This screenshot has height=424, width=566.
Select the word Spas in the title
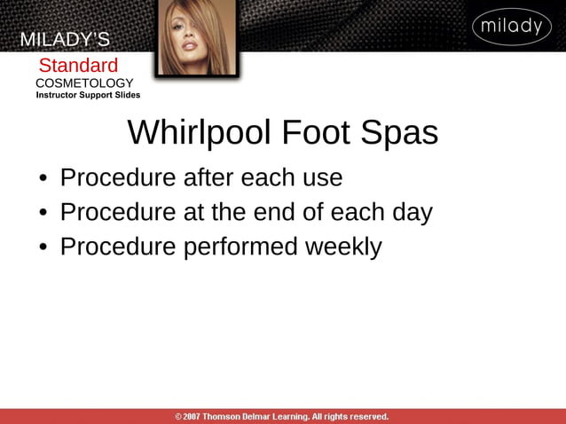(399, 133)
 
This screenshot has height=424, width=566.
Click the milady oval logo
(511, 27)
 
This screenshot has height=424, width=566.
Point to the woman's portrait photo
(197, 37)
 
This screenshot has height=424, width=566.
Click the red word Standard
(78, 66)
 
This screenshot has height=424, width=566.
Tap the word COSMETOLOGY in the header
(84, 82)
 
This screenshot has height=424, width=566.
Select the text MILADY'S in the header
(65, 40)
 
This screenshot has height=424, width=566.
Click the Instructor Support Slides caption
(88, 95)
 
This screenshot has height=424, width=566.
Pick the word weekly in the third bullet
(343, 247)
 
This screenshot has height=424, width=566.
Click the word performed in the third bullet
(241, 247)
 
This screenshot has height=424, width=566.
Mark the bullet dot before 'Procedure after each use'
(43, 178)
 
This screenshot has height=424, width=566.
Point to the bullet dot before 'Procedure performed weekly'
(43, 247)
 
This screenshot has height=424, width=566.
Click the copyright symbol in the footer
(178, 416)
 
